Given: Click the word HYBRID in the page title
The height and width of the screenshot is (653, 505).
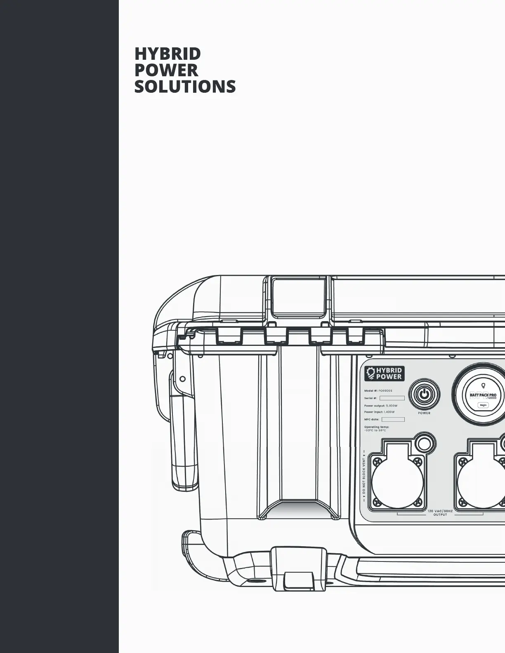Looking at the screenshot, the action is [168, 54].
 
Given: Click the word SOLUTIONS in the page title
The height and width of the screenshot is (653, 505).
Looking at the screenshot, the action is [185, 87].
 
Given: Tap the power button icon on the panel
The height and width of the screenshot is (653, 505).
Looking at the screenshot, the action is [424, 394].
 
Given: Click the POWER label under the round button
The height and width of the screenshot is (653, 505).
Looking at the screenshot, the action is [424, 413].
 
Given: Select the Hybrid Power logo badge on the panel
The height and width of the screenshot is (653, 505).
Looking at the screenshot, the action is [384, 373].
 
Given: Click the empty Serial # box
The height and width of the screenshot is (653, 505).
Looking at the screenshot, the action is [392, 398].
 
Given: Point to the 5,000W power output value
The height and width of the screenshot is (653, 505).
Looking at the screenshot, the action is [392, 406].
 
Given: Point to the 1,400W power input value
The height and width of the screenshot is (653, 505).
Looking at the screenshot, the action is [389, 412].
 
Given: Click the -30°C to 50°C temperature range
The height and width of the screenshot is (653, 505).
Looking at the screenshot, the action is [375, 430].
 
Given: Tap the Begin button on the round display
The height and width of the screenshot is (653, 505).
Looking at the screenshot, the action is [483, 405].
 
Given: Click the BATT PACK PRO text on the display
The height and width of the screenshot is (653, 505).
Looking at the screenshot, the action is [483, 395].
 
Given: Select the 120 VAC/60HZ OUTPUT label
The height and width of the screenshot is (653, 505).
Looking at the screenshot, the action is [440, 512].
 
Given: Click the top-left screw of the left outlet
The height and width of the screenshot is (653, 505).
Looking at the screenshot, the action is [375, 460].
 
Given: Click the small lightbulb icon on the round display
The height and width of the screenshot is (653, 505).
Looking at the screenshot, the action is [483, 386].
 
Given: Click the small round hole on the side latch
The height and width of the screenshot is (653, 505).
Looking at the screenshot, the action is [183, 378].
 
